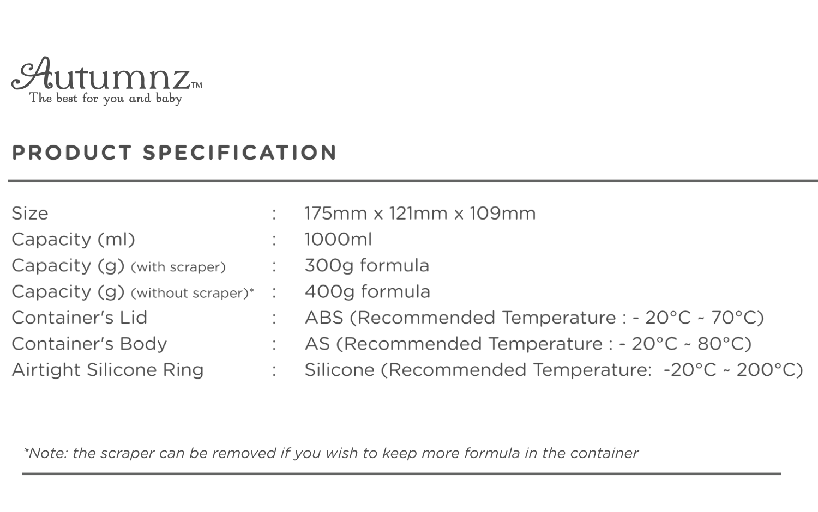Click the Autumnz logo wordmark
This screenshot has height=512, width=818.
point(101,75)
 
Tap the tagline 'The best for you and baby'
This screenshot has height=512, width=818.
point(106,99)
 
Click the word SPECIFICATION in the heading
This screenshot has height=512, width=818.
point(240,153)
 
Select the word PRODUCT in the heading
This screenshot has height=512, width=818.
point(72,153)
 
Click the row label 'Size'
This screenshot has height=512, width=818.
point(30,213)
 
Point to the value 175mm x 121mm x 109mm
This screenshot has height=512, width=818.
point(420,213)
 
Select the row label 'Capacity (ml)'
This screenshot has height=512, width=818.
point(73,239)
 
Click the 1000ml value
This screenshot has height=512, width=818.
point(338,239)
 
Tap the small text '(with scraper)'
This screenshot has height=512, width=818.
point(178,267)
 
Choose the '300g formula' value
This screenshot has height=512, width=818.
point(366,265)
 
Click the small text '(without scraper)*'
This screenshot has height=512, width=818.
point(193,293)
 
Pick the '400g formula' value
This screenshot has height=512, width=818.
point(367,291)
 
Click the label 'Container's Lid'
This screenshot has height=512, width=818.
point(80,318)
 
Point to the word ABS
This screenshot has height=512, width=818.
point(324,318)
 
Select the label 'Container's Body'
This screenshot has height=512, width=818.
point(89,344)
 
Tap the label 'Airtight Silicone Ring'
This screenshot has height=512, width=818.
point(108,370)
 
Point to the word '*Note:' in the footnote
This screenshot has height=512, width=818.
point(45,453)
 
